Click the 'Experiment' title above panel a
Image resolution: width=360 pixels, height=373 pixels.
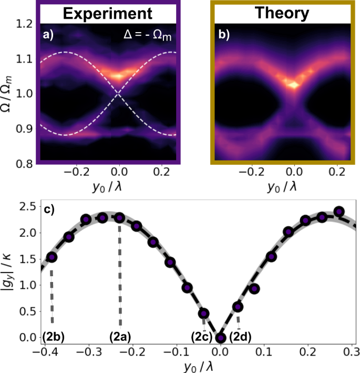coord(110,13)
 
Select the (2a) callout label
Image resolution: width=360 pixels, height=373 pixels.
coord(120,335)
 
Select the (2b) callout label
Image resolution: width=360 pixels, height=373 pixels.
coord(53,335)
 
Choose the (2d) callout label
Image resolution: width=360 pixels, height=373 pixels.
coord(240,335)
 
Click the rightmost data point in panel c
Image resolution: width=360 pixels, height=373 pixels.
coord(339,211)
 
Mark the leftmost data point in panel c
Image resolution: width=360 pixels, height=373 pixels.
coord(52,257)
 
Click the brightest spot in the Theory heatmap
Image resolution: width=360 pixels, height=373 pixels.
coord(294,84)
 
